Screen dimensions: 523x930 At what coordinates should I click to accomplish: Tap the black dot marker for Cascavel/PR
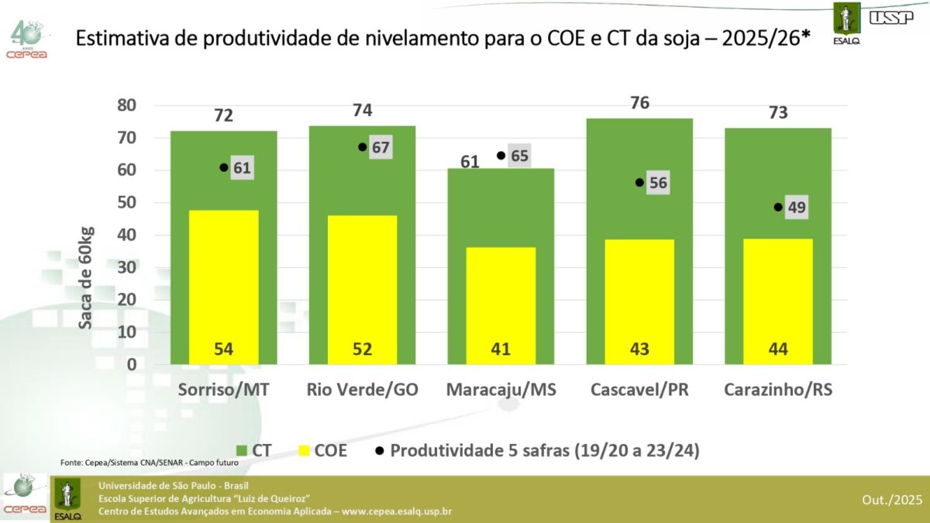coord(639,183)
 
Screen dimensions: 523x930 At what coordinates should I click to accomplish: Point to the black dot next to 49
coord(778,207)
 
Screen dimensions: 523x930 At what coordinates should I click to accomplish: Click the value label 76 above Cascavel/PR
coord(639,103)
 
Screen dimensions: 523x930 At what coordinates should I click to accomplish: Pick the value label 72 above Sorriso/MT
coord(223,116)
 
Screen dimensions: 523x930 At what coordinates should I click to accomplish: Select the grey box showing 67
coord(380,147)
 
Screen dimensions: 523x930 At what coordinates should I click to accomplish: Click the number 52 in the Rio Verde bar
coord(362,349)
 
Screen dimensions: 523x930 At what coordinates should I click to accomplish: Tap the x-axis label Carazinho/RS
coord(778,390)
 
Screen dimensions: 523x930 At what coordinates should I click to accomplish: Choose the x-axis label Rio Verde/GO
coord(362,390)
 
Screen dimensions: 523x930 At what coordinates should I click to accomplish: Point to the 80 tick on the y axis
coord(126,105)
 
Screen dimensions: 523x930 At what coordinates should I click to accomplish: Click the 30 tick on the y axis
coord(126,267)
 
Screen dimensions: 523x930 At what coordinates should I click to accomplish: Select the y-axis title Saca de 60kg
coord(86,277)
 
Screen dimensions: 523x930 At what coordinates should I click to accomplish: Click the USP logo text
coord(891,17)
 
